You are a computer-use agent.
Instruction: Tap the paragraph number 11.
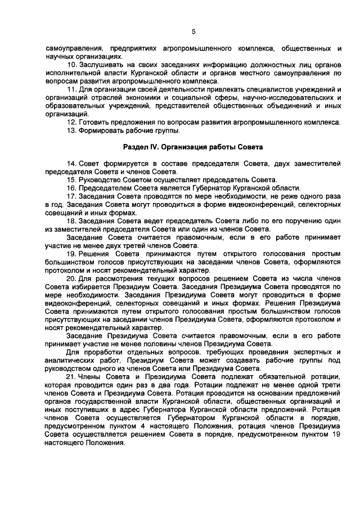click(x=71, y=89)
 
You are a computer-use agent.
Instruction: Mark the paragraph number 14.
click(x=71, y=164)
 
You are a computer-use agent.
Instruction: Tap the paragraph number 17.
click(x=71, y=197)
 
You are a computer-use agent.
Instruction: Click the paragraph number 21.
click(x=71, y=379)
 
